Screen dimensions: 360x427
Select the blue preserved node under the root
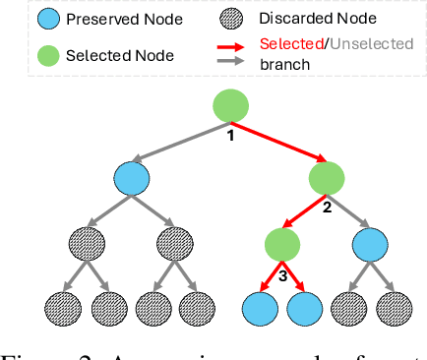pyautogui.click(x=131, y=179)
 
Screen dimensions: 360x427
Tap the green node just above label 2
pyautogui.click(x=328, y=178)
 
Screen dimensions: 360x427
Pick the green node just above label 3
pyautogui.click(x=282, y=243)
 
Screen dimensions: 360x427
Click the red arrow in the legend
pyautogui.click(x=235, y=45)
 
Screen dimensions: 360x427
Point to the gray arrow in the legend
pyautogui.click(x=235, y=61)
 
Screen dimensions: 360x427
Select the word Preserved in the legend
pyautogui.click(x=101, y=21)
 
